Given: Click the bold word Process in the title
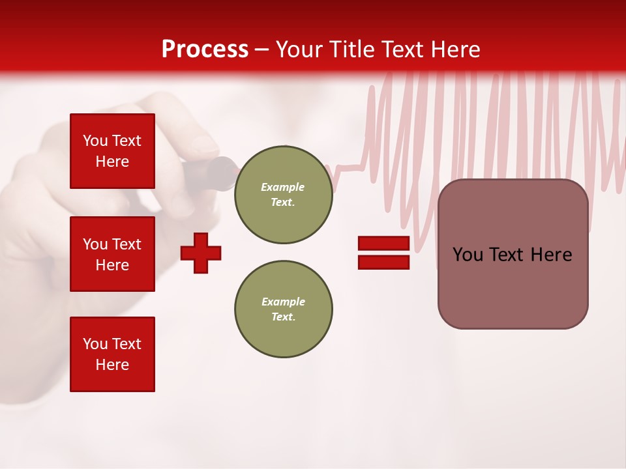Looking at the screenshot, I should (205, 50).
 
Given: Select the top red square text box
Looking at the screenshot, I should (112, 151).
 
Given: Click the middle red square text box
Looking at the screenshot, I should (112, 254).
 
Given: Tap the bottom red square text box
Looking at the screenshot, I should (112, 354).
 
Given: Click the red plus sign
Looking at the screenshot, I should (201, 253).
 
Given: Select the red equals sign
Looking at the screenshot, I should (383, 253).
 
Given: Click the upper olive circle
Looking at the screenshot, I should (283, 195).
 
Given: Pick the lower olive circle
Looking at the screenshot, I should (283, 309).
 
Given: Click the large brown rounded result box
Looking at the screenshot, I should (513, 254).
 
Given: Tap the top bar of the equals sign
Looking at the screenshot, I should (383, 244).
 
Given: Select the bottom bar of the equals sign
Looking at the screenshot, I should (383, 262).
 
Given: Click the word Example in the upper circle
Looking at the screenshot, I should (283, 187).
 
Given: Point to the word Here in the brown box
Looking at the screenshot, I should (551, 255).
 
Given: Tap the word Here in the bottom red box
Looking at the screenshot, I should (112, 365).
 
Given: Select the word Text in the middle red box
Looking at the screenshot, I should (126, 244).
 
